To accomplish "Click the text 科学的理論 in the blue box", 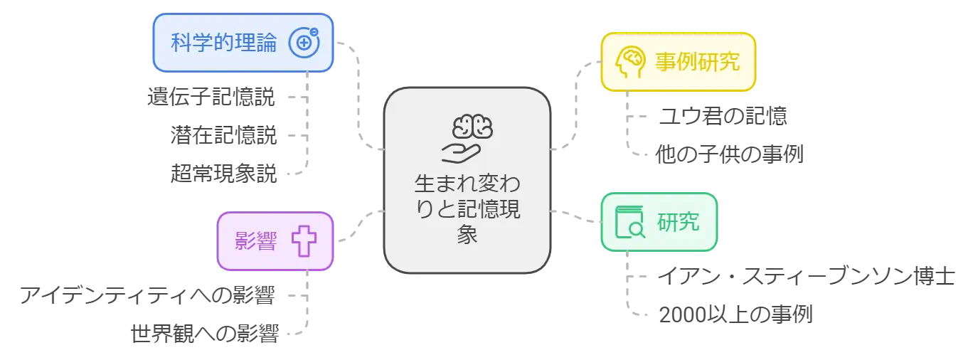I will point(223,43).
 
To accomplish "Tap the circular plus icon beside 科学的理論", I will point(304,43).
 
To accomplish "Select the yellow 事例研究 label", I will point(697,61).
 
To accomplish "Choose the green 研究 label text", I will point(678,222).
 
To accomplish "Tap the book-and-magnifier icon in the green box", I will point(629,222).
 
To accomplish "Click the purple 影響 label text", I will point(255,242).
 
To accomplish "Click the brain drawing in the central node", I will point(472,127).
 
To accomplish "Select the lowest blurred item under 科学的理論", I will point(224,171).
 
